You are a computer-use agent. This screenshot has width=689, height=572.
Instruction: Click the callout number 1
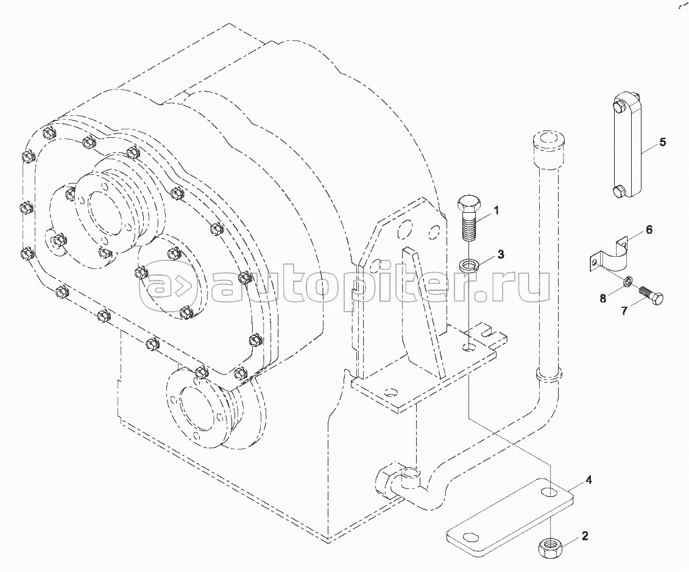[x=496, y=211]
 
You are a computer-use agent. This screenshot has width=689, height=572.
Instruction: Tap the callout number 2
[x=584, y=537]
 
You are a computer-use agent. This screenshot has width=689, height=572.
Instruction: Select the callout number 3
[x=501, y=254]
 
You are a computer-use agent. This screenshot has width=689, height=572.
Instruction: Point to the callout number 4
[x=588, y=481]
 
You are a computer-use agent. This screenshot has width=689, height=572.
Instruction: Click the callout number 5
[x=662, y=143]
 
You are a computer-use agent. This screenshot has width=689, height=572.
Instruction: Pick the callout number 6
[x=649, y=230]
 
